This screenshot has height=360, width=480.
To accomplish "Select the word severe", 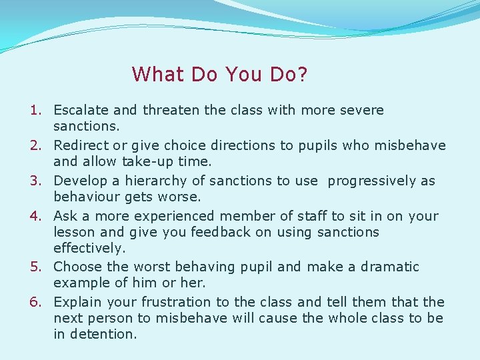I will (x=362, y=110).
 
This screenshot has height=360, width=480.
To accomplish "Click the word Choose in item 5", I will (x=77, y=267).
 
